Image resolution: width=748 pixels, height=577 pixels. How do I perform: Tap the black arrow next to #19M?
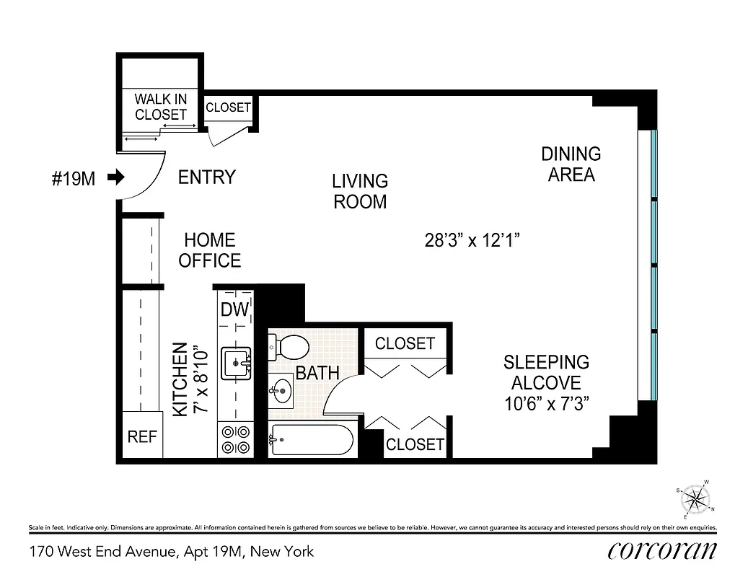pyautogui.click(x=115, y=177)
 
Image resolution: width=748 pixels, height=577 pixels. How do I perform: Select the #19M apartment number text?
pyautogui.click(x=73, y=178)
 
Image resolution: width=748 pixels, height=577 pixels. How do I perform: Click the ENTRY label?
pyautogui.click(x=207, y=177)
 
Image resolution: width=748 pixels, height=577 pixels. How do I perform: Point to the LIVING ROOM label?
pyautogui.click(x=360, y=191)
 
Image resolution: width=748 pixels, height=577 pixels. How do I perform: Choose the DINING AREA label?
pyautogui.click(x=571, y=164)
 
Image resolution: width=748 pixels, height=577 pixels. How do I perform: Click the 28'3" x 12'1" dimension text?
pyautogui.click(x=472, y=240)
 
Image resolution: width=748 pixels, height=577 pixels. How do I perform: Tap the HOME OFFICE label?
pyautogui.click(x=209, y=250)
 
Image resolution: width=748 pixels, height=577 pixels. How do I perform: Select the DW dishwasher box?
pyautogui.click(x=235, y=309)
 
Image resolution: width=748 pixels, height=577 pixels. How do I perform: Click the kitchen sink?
pyautogui.click(x=236, y=363)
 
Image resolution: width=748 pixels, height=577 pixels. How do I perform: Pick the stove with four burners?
pyautogui.click(x=234, y=439)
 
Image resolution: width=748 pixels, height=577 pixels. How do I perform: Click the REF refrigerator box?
pyautogui.click(x=142, y=437)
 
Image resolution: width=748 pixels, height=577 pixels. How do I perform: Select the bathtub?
pyautogui.click(x=312, y=439)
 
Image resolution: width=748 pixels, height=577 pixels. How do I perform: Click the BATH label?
pyautogui.click(x=317, y=373)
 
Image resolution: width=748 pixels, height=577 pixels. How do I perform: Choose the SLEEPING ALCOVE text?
pyautogui.click(x=546, y=382)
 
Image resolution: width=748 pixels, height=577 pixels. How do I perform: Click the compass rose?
pyautogui.click(x=695, y=499)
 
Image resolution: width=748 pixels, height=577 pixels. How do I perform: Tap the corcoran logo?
pyautogui.click(x=662, y=550)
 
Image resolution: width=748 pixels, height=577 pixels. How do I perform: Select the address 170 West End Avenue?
pyautogui.click(x=172, y=552)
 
